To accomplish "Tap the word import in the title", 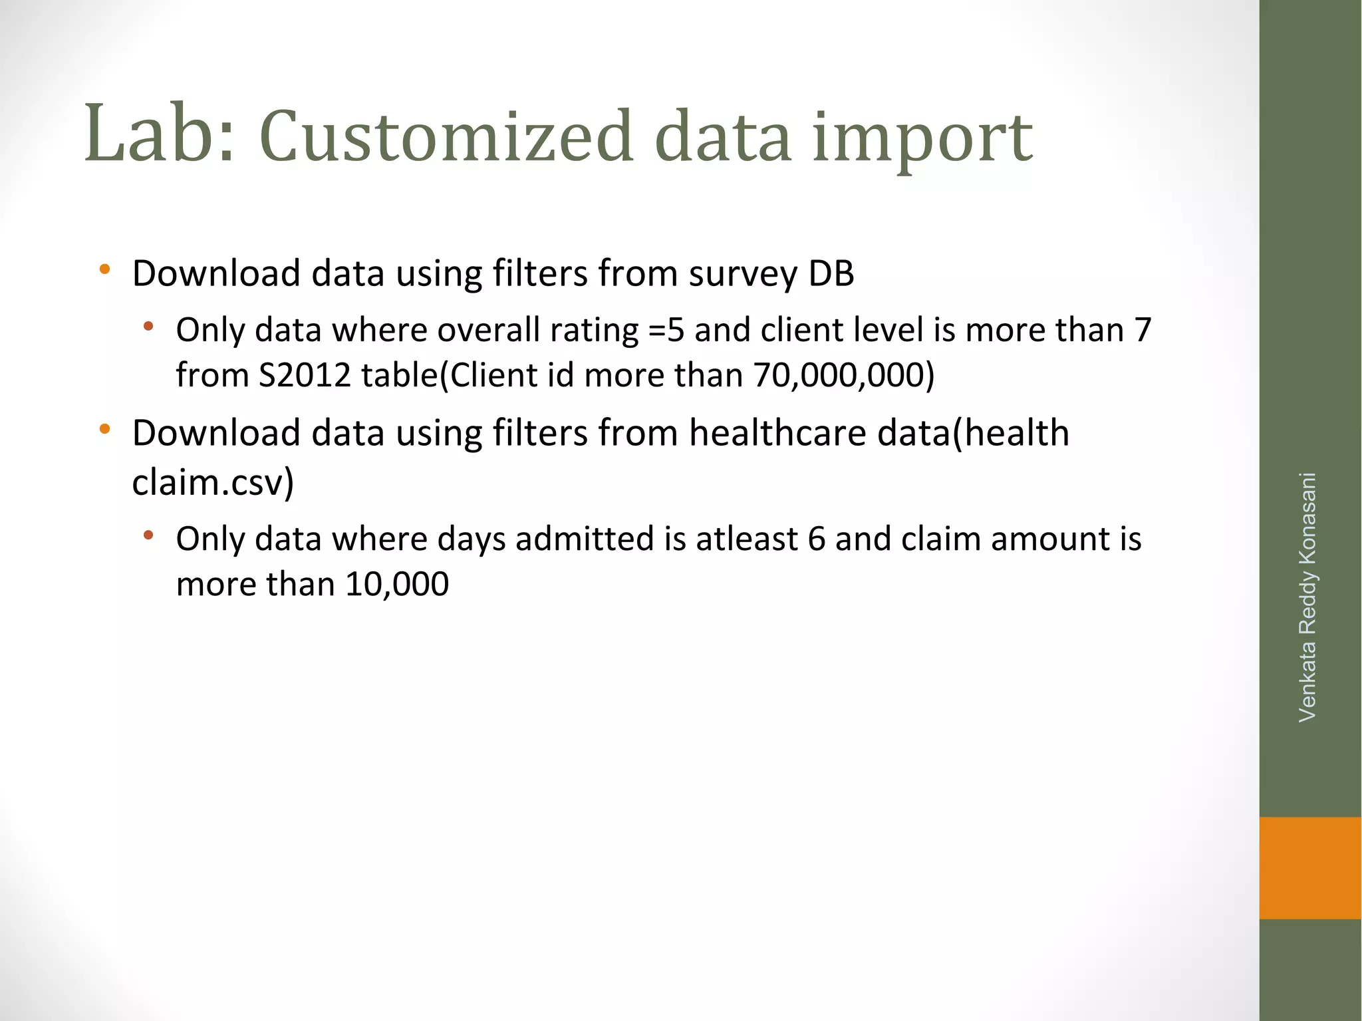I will coord(922,140).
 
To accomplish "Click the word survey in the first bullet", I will coord(742,274).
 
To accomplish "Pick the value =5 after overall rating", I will coord(665,330).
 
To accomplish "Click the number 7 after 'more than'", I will coord(1143,330).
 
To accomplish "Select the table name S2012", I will coord(305,375).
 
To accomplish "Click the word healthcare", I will coord(777,433).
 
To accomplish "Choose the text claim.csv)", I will coord(213,482).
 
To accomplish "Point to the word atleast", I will coord(746,539).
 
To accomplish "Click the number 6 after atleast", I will coord(816,539).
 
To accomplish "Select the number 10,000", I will coord(397,585).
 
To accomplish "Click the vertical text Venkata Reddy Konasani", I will coord(1307,597).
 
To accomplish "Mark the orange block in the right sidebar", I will coord(1310,867).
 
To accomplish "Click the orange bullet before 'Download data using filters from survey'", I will coord(104,270).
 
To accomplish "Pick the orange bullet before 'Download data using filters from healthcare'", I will coord(104,430).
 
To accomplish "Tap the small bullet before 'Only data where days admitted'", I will coord(148,535).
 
